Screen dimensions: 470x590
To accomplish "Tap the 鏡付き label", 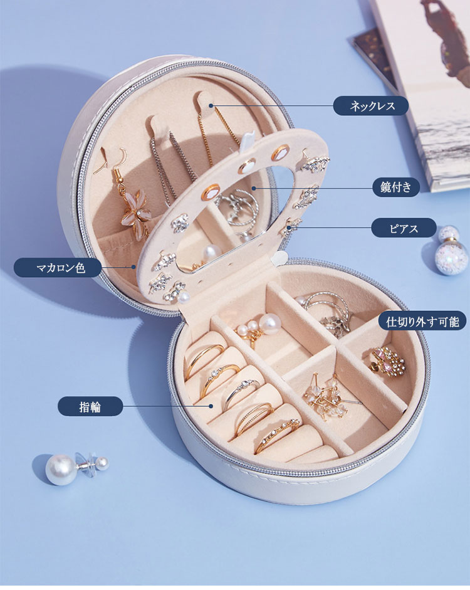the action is click(396, 187).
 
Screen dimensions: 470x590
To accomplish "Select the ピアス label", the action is click(404, 228).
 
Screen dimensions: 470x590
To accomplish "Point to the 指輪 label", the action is click(90, 406).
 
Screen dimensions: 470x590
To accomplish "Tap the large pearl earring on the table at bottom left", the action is click(61, 469).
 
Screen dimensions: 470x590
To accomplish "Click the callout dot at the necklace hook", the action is click(211, 106).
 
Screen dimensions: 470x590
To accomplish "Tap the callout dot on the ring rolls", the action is click(211, 406).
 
